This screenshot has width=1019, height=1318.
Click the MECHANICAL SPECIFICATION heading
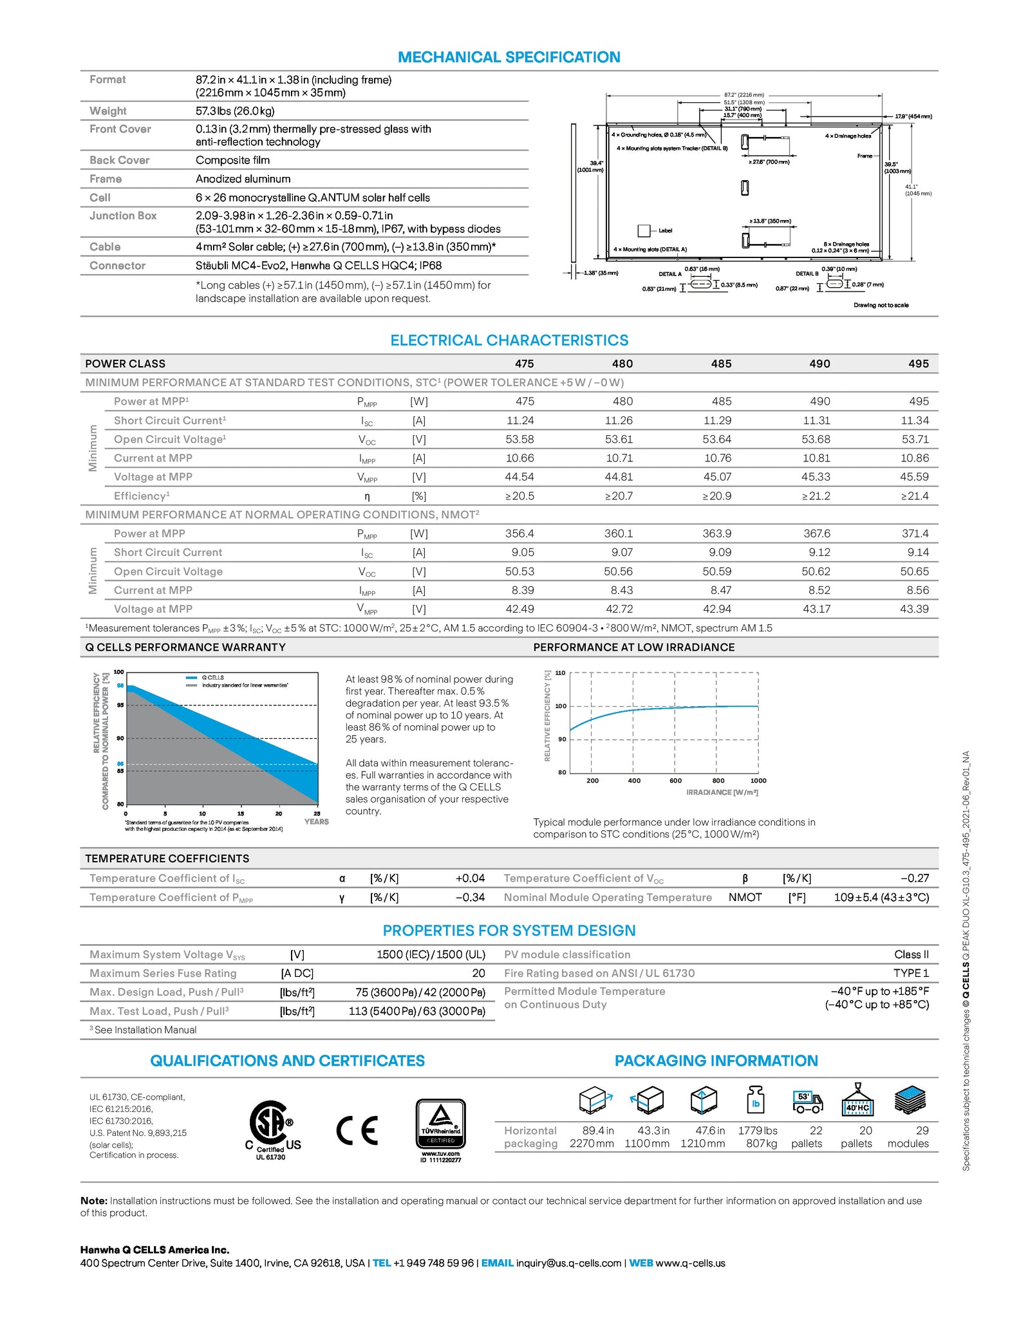click(509, 57)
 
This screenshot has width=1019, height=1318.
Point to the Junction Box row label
click(123, 216)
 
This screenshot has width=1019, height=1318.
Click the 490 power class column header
click(819, 364)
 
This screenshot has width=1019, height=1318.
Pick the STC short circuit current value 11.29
click(721, 420)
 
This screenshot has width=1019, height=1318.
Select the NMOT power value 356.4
click(519, 534)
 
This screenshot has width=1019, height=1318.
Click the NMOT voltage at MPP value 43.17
click(816, 609)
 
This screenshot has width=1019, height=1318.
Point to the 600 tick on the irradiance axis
click(675, 781)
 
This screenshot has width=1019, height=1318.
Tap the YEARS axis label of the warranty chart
click(316, 822)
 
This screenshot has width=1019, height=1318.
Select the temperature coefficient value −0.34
click(470, 897)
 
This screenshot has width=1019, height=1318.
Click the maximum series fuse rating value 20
click(478, 973)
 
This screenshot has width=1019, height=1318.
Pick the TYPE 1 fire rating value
click(911, 973)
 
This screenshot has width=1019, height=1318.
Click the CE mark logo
click(357, 1130)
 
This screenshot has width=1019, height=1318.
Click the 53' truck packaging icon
click(807, 1102)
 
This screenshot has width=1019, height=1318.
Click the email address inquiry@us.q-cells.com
click(568, 1263)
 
